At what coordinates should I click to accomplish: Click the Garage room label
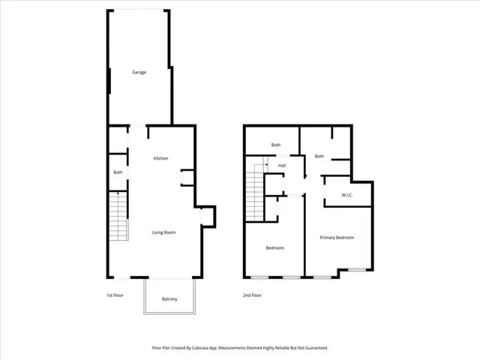coord(139,73)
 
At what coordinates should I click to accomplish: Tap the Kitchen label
coord(160,158)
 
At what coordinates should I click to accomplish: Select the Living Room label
coord(163,232)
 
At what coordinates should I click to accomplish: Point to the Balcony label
coord(169,299)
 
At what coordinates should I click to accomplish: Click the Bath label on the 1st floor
coord(118,172)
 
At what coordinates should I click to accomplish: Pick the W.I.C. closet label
coord(347,196)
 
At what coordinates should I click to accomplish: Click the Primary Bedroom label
coord(337,238)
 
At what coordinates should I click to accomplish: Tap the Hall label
coord(282,166)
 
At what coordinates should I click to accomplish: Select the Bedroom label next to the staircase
coord(274,247)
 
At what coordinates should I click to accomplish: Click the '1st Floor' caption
coord(115,295)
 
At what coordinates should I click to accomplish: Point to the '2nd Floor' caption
coord(252,295)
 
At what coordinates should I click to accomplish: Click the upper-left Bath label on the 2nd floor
coord(275,145)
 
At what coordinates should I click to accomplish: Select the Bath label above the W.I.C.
coord(319,156)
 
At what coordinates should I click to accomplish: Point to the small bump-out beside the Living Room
coord(208,216)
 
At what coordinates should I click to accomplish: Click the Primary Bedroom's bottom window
coord(356,269)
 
